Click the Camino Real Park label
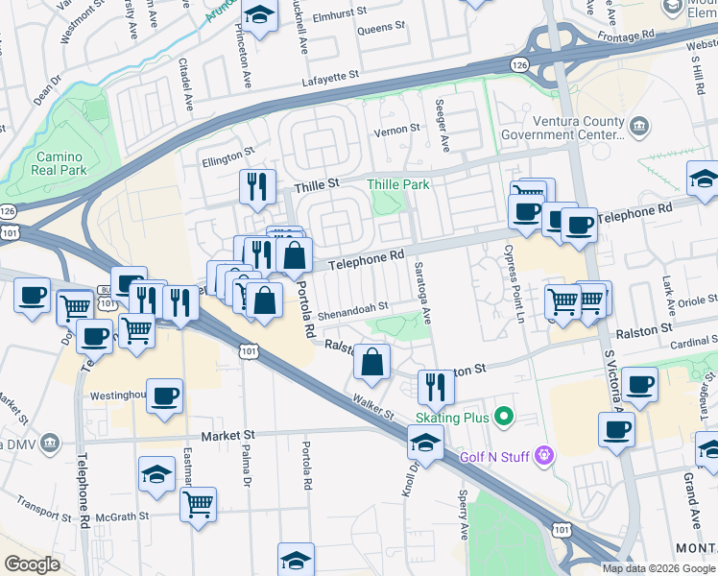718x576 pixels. pyautogui.click(x=60, y=163)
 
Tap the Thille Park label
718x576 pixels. pyautogui.click(x=398, y=183)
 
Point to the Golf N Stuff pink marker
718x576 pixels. pyautogui.click(x=545, y=453)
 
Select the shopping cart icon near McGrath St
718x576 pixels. pyautogui.click(x=198, y=504)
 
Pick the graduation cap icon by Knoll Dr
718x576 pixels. pyautogui.click(x=423, y=444)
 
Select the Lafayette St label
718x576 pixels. pyautogui.click(x=332, y=74)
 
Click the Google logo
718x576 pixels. pyautogui.click(x=33, y=564)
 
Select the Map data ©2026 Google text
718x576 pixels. pyautogui.click(x=658, y=568)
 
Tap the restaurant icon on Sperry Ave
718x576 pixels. pyautogui.click(x=437, y=387)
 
